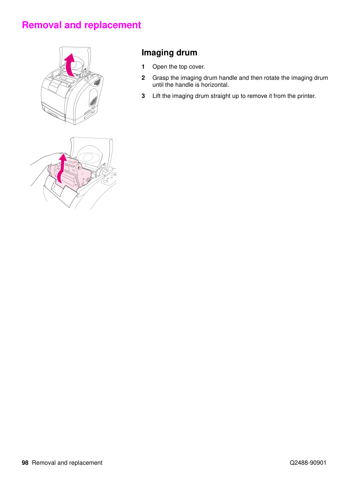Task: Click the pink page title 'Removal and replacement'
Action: point(82,25)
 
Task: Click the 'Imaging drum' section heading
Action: point(169,53)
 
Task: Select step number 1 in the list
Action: point(143,67)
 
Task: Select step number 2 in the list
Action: point(143,78)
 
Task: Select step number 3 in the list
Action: point(143,96)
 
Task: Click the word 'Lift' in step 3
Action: point(156,96)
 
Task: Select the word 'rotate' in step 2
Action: point(272,78)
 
